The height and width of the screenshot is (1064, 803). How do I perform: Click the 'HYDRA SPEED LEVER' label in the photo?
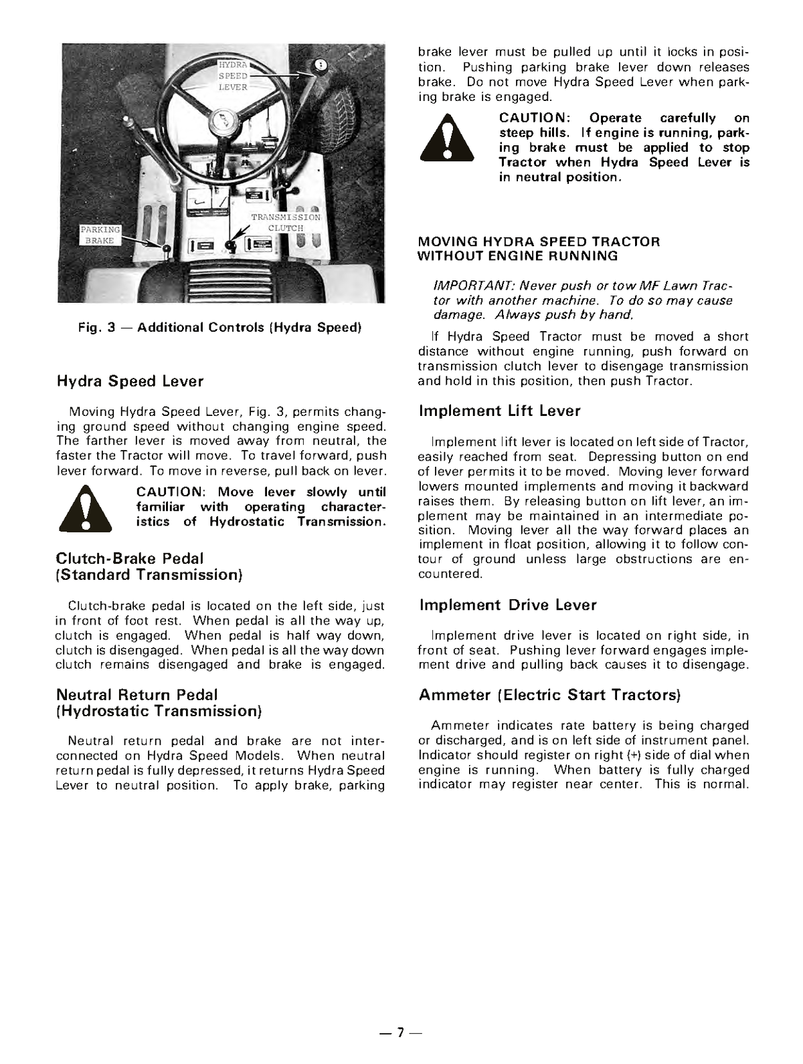pos(233,76)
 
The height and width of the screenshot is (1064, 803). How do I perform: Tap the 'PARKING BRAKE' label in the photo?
pos(100,235)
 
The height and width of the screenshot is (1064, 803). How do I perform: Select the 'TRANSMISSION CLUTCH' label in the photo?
pos(286,223)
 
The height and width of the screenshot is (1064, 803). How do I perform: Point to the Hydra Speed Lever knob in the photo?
pos(321,66)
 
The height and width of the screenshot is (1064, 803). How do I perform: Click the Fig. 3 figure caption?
pos(219,327)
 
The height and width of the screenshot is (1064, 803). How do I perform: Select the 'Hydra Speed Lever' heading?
pos(130,381)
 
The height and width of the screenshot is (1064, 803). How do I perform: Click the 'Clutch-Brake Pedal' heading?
pos(130,558)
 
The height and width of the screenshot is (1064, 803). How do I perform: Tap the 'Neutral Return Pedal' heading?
pos(137,695)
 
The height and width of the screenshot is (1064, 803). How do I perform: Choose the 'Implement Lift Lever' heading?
pos(500,411)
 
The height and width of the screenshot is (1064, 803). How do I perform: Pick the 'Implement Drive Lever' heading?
pos(508,605)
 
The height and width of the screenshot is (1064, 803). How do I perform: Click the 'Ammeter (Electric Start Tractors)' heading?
pos(549,695)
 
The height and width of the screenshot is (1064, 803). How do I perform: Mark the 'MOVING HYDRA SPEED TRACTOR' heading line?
pos(539,241)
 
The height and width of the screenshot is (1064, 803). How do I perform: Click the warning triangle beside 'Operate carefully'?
pos(446,140)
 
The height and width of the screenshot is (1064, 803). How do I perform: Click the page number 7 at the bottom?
pos(400,1033)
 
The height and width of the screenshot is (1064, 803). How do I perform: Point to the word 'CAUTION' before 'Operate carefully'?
pos(533,118)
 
